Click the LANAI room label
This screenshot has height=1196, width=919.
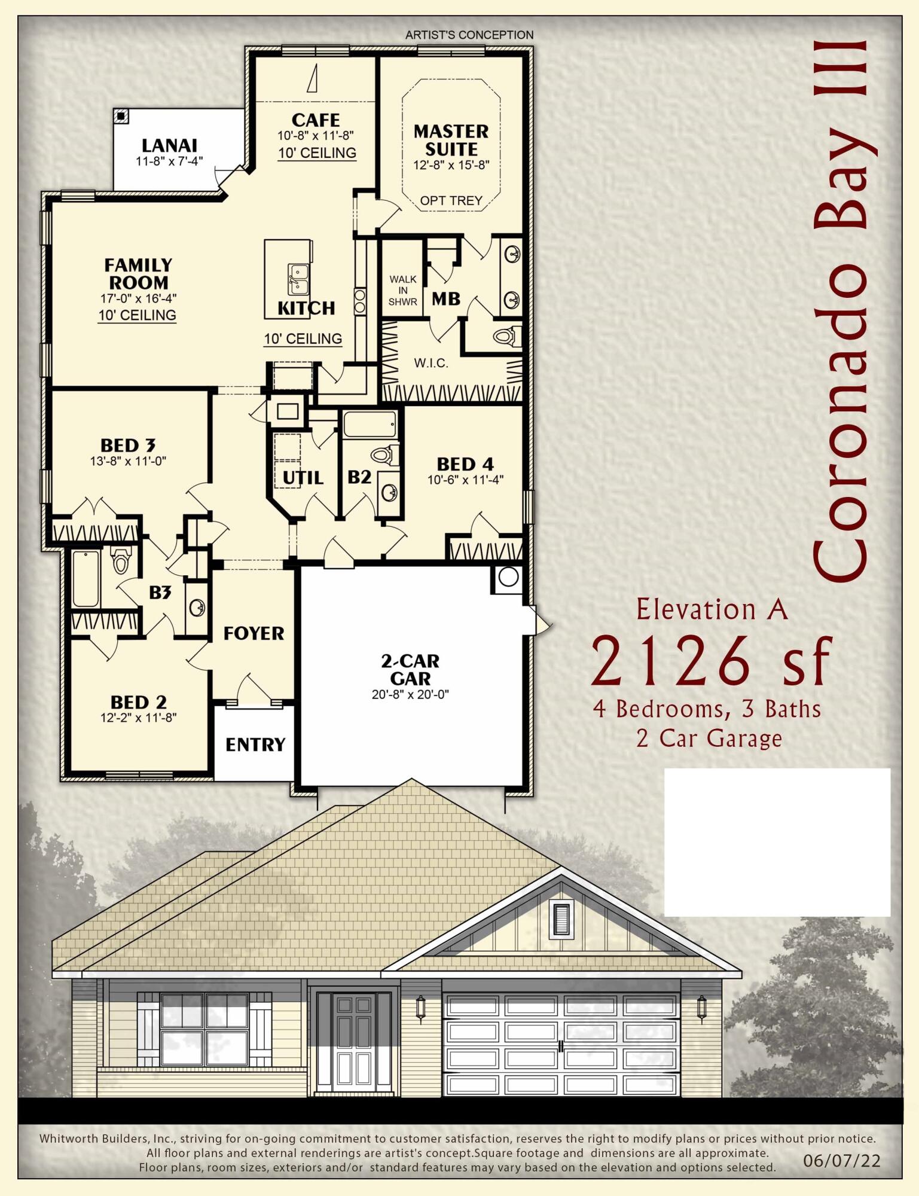click(169, 145)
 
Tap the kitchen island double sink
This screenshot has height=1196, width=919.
click(298, 279)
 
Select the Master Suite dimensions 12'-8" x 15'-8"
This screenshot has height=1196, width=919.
click(451, 165)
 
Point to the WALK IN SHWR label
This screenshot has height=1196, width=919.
click(403, 290)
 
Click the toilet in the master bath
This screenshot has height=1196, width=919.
click(506, 337)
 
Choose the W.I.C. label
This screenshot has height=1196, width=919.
click(431, 363)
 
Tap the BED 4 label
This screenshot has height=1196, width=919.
click(465, 464)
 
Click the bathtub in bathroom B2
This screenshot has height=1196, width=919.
click(370, 424)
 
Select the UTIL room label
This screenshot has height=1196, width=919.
click(303, 477)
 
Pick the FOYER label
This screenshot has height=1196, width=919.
click(254, 633)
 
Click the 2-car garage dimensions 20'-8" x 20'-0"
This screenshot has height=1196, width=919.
click(410, 695)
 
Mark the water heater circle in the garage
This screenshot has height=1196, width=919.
click(508, 577)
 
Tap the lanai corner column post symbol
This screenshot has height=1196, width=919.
click(121, 116)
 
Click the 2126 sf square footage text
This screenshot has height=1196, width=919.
click(712, 661)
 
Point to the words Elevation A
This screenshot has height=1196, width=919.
click(712, 609)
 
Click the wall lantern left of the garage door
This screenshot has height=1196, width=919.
click(420, 1008)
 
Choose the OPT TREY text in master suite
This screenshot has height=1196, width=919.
click(451, 201)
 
